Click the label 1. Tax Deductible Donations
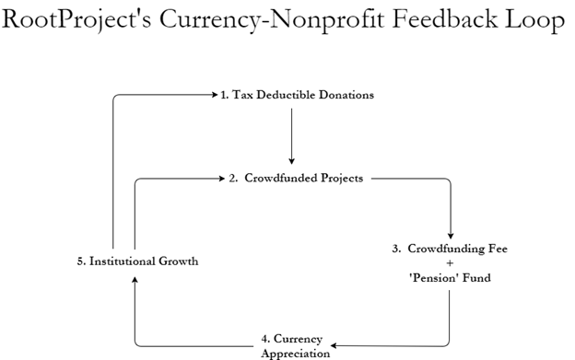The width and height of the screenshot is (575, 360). pos(298,95)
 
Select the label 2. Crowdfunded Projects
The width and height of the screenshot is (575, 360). pos(295,178)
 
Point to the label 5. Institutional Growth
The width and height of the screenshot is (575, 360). pos(137,261)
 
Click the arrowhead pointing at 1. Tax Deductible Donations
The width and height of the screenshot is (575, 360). pos(214,94)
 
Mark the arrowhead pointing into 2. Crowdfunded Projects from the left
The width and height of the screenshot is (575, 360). pos(222,178)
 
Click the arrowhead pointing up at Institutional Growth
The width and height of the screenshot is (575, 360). pos(135,281)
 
